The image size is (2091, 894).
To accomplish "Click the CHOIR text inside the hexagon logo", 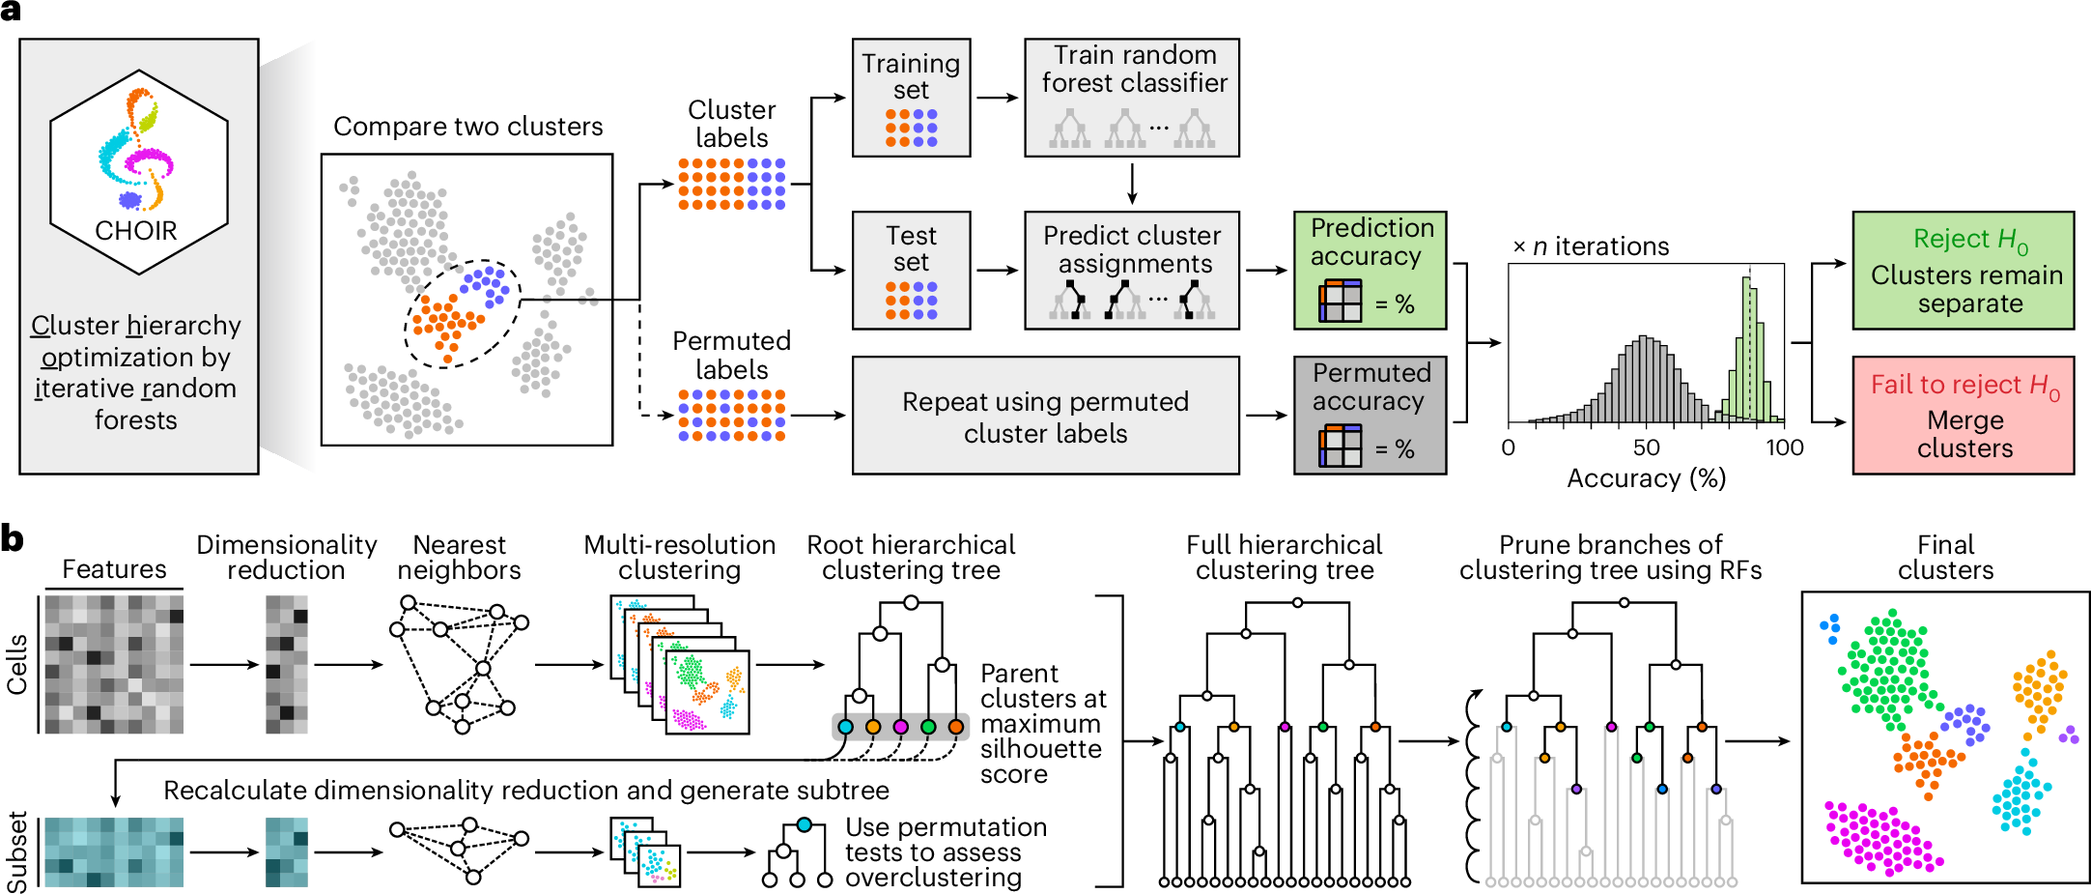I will [136, 231].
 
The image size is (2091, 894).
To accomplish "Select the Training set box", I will [911, 98].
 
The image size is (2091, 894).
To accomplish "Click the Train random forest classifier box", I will [1131, 98].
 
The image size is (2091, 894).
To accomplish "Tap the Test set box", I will [911, 271].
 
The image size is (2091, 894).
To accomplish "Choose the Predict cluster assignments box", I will [1131, 271].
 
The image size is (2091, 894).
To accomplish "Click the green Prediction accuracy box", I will [1370, 271].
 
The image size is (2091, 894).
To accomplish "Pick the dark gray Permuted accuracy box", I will [1370, 416].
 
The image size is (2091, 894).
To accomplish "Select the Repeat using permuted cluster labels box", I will [1045, 417].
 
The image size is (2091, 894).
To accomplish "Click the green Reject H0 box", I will [1963, 271].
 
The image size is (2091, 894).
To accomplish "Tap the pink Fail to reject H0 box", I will [1963, 416].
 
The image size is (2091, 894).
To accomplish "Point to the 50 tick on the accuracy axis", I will [1647, 447].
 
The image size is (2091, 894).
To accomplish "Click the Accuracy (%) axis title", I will [1646, 478].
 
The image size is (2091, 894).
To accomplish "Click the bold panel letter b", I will [13, 538].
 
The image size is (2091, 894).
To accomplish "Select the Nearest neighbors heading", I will [459, 558].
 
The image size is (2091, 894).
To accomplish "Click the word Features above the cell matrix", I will [114, 569].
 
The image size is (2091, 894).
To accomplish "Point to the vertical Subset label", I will [17, 851].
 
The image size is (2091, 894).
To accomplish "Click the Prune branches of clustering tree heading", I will [1610, 558].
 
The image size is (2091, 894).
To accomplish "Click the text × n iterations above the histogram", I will [1591, 246].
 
